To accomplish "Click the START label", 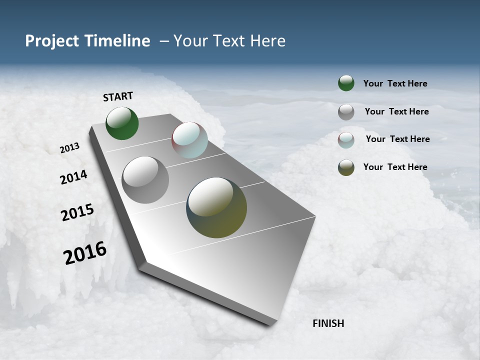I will click(x=118, y=96).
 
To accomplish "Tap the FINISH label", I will click(x=328, y=323).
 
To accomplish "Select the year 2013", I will click(x=69, y=147).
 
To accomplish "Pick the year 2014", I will click(x=73, y=177).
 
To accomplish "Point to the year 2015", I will click(x=77, y=212).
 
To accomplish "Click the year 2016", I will click(x=85, y=252).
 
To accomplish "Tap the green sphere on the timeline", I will click(x=122, y=123).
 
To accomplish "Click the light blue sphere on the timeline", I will click(x=189, y=139).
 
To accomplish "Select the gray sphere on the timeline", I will click(x=145, y=179).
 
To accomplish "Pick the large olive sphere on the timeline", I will click(x=216, y=207).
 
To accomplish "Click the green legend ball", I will click(x=346, y=83).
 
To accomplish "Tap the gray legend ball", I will click(x=346, y=112).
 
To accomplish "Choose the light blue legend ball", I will click(x=346, y=140).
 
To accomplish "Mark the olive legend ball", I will click(x=346, y=167).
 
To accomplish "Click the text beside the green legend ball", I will click(x=395, y=84).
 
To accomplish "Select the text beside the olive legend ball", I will click(x=395, y=167).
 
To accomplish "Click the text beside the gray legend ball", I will click(x=396, y=111).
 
